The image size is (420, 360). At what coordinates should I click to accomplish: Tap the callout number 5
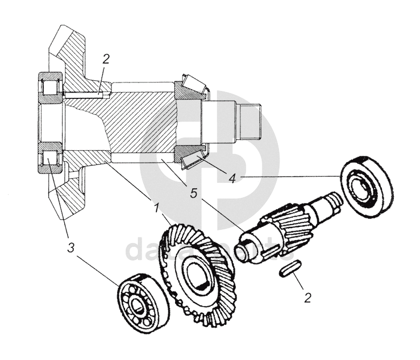pyautogui.click(x=193, y=193)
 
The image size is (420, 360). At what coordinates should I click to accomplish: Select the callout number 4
pyautogui.click(x=232, y=178)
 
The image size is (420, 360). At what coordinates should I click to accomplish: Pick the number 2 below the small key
pyautogui.click(x=307, y=296)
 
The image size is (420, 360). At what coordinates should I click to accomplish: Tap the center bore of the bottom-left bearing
pyautogui.click(x=139, y=307)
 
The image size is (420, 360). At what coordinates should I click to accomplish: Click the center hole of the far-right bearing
pyautogui.click(x=361, y=188)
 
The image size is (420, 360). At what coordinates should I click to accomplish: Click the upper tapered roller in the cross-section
pyautogui.click(x=190, y=85)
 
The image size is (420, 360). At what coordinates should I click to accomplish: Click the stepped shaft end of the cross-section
pyautogui.click(x=250, y=122)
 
